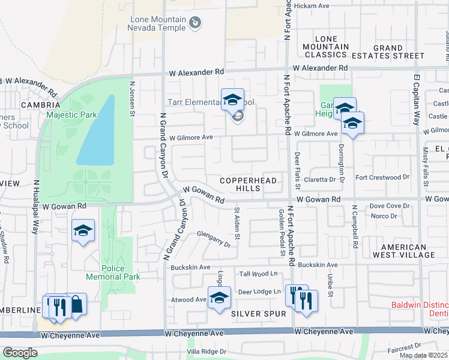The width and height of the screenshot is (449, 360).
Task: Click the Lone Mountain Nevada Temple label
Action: point(158,23)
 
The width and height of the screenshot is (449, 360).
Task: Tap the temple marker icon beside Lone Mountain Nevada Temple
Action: point(194,23)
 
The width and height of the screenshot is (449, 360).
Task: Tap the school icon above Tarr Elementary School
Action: point(232,100)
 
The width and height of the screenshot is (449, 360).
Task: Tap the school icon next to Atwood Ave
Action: point(219,298)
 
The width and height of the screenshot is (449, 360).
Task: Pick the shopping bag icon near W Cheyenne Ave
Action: point(76,304)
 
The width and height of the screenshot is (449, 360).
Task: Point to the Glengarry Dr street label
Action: point(214,240)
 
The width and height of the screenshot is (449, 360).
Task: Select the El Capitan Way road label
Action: point(416,100)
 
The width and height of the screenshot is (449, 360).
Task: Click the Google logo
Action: point(20,353)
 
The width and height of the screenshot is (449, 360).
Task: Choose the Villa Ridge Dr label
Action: point(206,351)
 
